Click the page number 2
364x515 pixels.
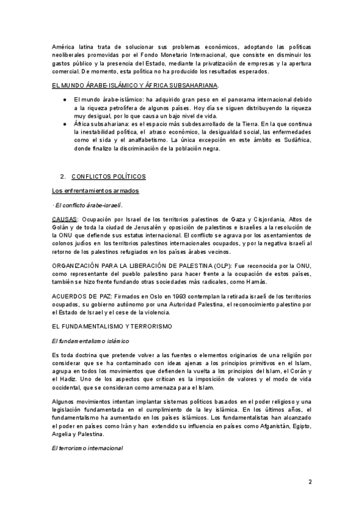click(x=310, y=483)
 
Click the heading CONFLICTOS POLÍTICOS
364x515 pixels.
click(x=109, y=176)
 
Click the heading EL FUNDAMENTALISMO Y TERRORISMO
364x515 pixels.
click(x=112, y=326)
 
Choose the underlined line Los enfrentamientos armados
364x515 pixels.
click(x=95, y=191)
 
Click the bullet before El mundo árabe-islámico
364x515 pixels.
click(x=65, y=98)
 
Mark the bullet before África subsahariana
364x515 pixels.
click(x=65, y=123)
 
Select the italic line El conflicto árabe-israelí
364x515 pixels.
click(x=83, y=205)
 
